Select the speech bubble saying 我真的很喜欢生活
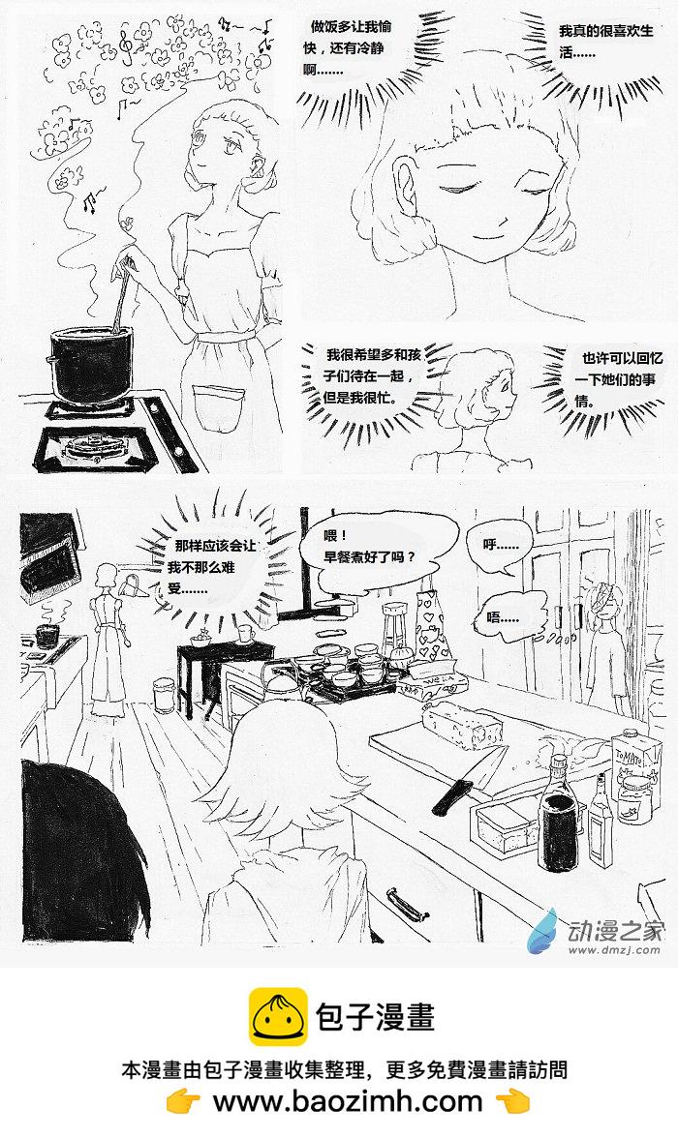click(605, 43)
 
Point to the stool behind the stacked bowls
click(395, 623)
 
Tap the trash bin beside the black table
click(164, 696)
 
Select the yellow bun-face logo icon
click(278, 1016)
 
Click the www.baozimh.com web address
click(347, 1101)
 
